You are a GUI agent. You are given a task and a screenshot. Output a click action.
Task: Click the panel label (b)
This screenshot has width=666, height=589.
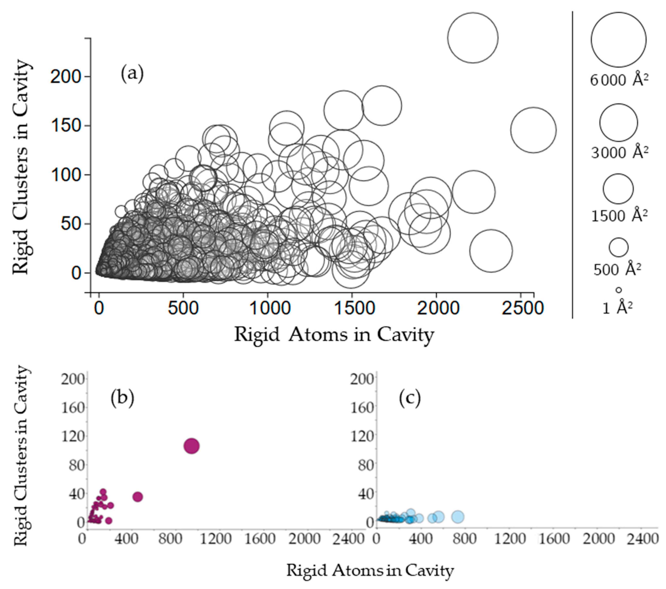pyautogui.click(x=122, y=398)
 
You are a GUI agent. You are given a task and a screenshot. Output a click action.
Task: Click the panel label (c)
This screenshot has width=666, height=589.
pyautogui.click(x=410, y=398)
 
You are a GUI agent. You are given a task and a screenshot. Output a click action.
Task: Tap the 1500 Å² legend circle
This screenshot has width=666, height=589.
pyautogui.click(x=618, y=189)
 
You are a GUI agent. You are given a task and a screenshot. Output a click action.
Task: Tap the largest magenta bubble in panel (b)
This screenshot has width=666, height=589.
pyautogui.click(x=192, y=446)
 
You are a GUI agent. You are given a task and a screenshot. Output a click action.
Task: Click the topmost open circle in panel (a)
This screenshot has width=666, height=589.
pyautogui.click(x=473, y=38)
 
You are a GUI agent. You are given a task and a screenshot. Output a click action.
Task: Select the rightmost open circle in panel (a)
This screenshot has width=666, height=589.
pyautogui.click(x=533, y=130)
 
